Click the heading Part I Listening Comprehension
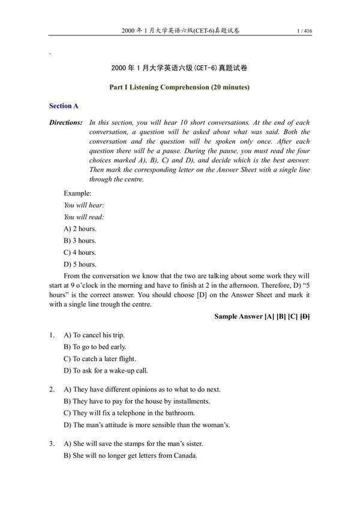click(x=179, y=87)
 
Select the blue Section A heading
click(x=64, y=106)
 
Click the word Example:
click(x=77, y=193)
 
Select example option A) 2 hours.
click(x=80, y=229)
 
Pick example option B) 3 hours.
click(x=80, y=241)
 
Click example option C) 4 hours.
click(x=80, y=253)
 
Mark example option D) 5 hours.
click(x=80, y=264)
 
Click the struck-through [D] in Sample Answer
click(x=304, y=316)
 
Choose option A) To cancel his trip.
click(x=94, y=335)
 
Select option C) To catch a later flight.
click(x=100, y=359)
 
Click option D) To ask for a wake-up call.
click(x=106, y=371)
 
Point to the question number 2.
click(x=52, y=389)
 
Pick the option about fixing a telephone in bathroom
click(x=129, y=413)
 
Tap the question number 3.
click(x=52, y=443)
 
